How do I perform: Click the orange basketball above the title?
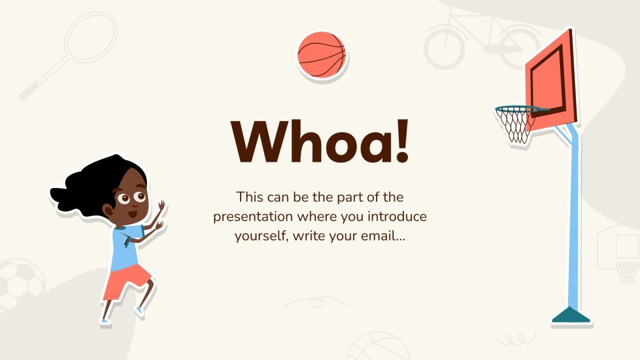pos(322,55)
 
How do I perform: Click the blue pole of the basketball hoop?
pos(573,229)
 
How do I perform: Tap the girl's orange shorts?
pos(127,281)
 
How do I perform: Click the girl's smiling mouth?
pos(132,215)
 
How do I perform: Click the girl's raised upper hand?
pos(161,205)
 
